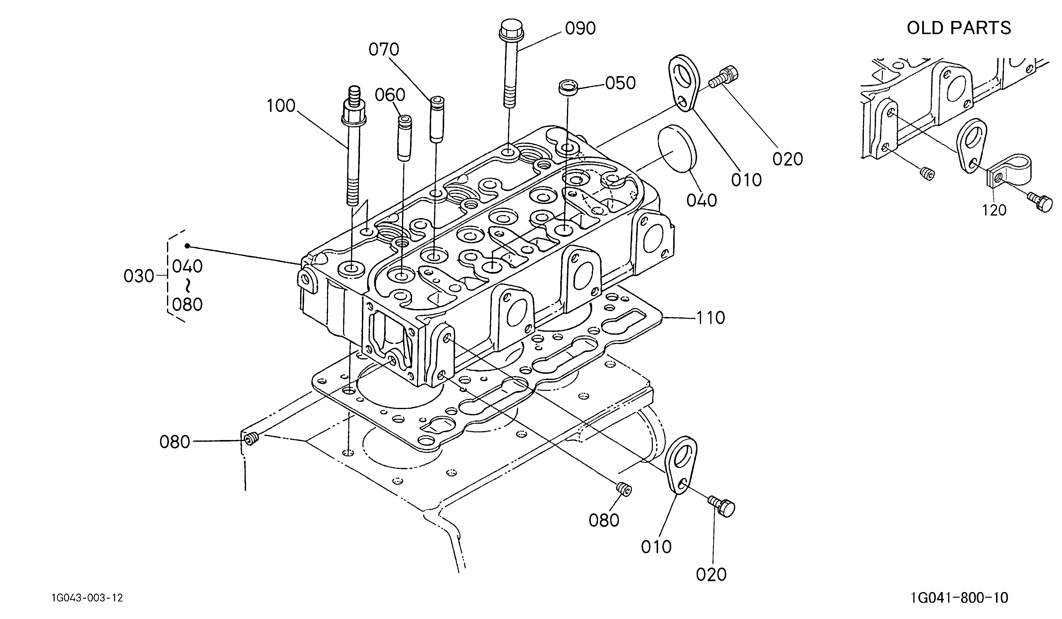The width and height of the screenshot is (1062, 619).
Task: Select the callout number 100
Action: [281, 106]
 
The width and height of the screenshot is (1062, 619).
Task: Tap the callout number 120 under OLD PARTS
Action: [994, 210]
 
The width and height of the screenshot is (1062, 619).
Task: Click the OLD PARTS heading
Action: [959, 28]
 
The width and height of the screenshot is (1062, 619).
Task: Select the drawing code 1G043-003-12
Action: [87, 598]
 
